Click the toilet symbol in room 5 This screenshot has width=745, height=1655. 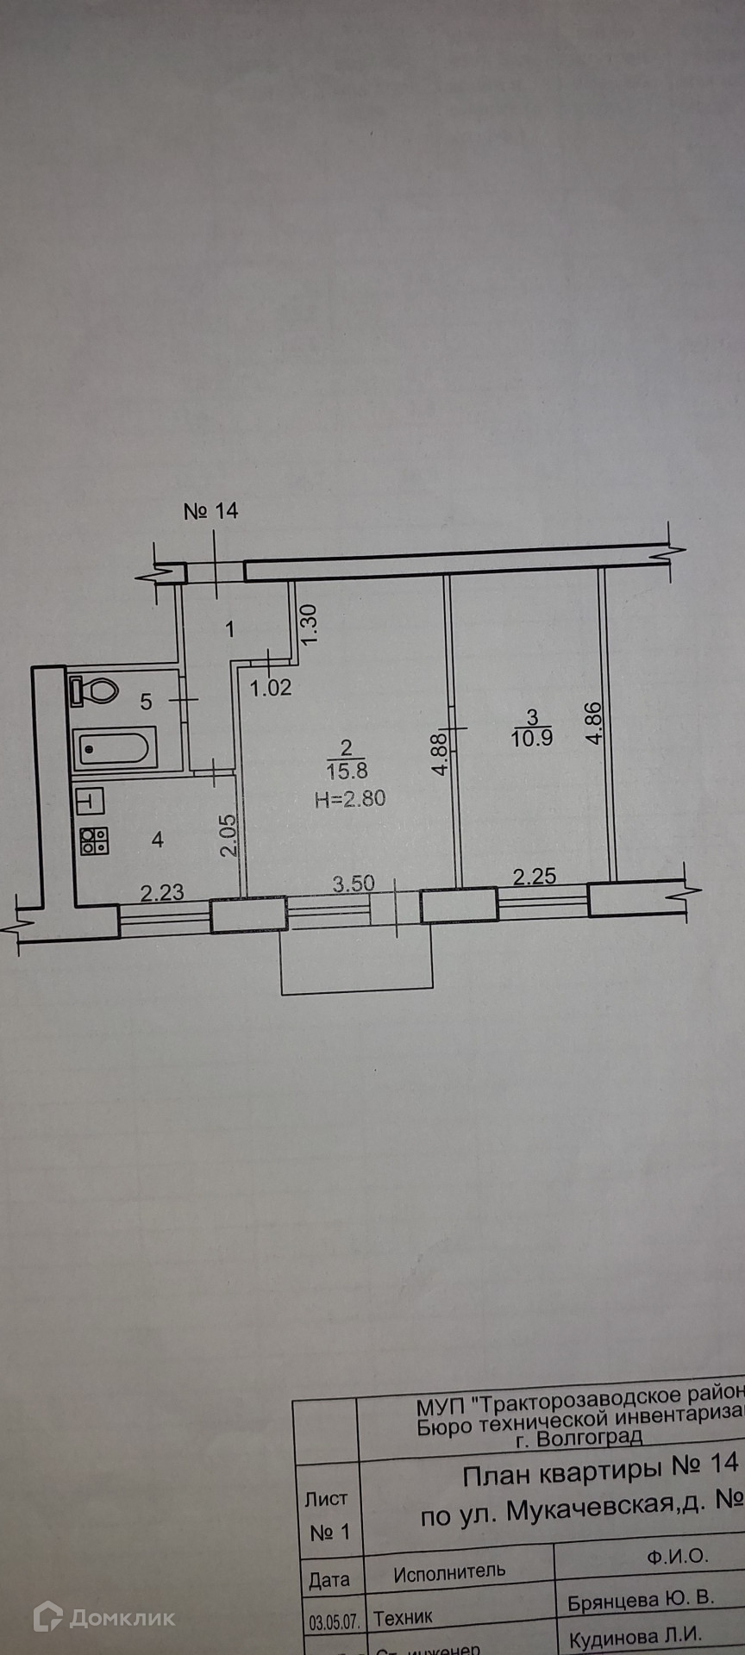(x=96, y=690)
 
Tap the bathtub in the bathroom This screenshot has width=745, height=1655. (x=116, y=747)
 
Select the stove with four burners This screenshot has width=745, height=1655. (x=94, y=840)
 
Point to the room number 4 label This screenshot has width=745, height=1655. (x=157, y=839)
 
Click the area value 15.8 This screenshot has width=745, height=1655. (x=347, y=771)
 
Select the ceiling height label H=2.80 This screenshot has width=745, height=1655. (x=350, y=799)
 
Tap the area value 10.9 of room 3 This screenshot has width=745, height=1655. (x=532, y=738)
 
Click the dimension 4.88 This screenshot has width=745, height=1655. (x=439, y=754)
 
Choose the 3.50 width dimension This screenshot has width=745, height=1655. (x=354, y=884)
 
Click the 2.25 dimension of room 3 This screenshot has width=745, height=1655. (x=535, y=877)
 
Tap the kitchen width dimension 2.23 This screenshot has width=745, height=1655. (x=162, y=891)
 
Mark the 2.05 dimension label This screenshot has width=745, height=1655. (x=228, y=835)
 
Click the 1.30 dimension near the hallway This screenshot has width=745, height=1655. (x=310, y=621)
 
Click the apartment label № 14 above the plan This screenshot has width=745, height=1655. (x=211, y=511)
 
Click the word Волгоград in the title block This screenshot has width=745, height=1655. (x=590, y=1438)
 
